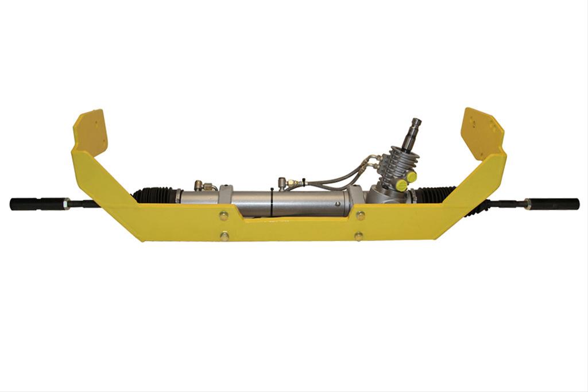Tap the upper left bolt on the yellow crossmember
tap(223, 215)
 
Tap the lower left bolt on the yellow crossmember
tap(225, 236)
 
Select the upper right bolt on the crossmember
tap(361, 215)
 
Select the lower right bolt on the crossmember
tap(359, 236)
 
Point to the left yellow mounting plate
tap(90, 133)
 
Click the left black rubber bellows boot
tap(154, 195)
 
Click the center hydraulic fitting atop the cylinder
tap(283, 183)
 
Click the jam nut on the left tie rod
tap(67, 203)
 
